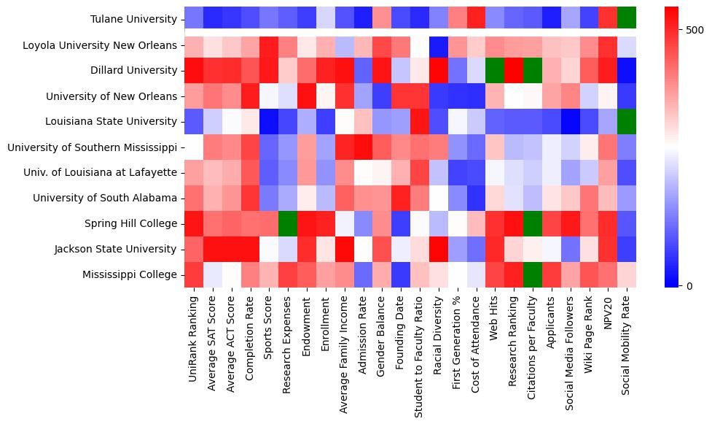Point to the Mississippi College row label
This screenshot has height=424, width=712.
coord(129,274)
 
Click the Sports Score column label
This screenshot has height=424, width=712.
coord(270,328)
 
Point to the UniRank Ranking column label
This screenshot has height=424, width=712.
coord(195,336)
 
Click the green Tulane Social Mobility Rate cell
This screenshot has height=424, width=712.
coord(627,20)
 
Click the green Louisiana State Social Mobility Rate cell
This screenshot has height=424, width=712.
coord(627,122)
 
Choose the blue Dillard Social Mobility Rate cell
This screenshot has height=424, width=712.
coord(627,71)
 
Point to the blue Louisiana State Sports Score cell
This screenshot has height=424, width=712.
coord(270,122)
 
